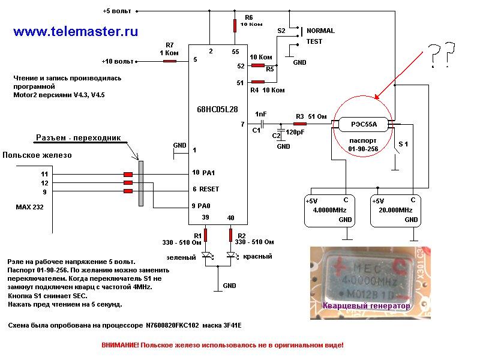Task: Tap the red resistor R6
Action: (235, 25)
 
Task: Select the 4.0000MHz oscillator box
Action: (329, 211)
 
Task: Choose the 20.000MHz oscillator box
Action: (395, 211)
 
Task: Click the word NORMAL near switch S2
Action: (320, 31)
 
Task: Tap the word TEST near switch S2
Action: (314, 41)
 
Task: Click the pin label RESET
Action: (209, 189)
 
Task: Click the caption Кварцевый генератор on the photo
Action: (366, 307)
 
